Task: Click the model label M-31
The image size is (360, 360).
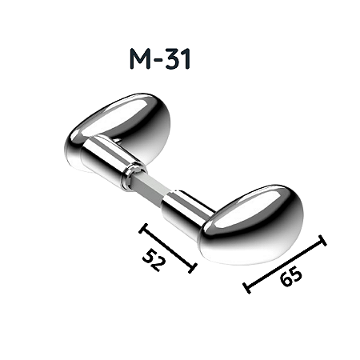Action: click(x=160, y=58)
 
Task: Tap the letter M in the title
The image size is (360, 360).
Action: click(x=140, y=59)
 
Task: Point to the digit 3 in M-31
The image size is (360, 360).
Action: click(x=173, y=59)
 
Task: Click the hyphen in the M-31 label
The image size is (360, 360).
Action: click(x=158, y=60)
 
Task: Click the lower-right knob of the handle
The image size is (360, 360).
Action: click(x=251, y=224)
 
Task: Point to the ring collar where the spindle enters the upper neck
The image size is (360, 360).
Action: click(x=134, y=175)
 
